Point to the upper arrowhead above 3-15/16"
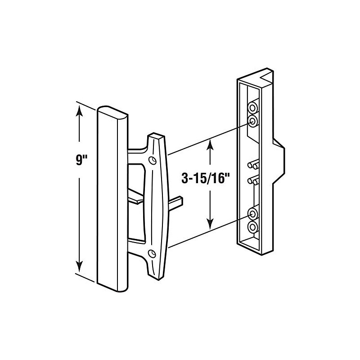[x=210, y=145]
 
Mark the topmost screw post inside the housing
[x=252, y=108]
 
